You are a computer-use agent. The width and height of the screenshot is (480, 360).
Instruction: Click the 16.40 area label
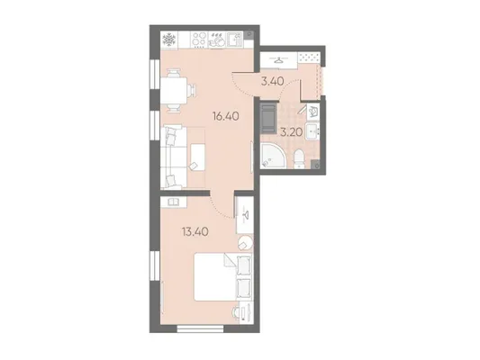226,116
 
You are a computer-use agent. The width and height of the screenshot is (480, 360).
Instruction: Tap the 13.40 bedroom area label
195,232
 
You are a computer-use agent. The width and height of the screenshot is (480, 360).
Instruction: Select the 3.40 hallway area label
273,81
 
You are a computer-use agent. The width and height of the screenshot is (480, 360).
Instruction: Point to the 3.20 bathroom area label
292,132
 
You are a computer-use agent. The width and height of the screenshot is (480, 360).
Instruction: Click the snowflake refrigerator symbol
169,40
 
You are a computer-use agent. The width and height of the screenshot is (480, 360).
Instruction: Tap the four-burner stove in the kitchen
199,40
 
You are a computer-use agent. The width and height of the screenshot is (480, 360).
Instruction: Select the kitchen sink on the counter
235,40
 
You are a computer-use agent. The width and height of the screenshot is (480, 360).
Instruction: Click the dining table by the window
174,91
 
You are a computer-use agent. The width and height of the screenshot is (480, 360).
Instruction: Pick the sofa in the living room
174,157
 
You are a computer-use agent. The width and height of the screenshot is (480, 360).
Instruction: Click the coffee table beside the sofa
197,157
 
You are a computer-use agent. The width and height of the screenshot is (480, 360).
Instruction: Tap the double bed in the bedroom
223,276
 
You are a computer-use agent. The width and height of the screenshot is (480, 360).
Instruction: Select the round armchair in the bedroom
246,243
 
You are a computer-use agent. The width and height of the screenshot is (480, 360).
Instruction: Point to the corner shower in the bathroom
274,156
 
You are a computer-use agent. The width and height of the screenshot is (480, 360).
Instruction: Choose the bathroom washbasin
312,131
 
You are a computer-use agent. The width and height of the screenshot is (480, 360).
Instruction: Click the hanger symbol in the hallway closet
278,60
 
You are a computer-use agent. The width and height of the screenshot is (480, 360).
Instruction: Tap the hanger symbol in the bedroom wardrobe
246,215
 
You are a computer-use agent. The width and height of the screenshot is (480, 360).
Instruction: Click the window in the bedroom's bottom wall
201,328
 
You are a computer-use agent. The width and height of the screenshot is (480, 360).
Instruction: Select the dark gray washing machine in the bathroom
268,119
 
